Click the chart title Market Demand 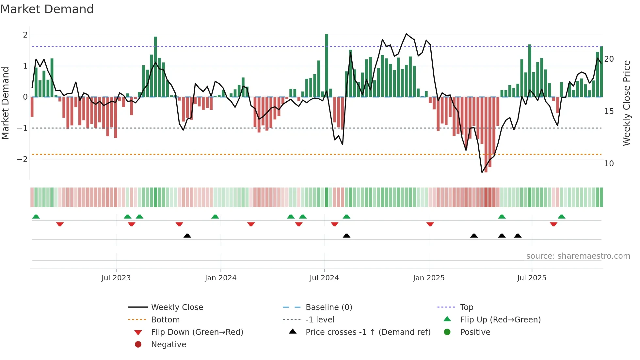point(47,9)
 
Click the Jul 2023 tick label point(116,278)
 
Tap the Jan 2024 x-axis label point(220,278)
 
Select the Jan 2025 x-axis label point(428,278)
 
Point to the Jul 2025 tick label point(532,278)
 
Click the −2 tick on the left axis point(22,159)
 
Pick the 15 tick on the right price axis point(609,111)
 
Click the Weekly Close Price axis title point(626,103)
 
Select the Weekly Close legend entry point(177,307)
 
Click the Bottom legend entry point(165,320)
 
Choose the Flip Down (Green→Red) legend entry point(197,332)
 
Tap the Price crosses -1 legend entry point(368,332)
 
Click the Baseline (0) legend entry point(328,307)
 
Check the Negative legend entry point(168,345)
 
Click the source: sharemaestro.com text point(578,256)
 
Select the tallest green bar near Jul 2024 point(327,65)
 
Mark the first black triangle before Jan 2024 point(187,236)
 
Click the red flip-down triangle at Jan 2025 point(430,224)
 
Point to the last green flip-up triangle point(561,217)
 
